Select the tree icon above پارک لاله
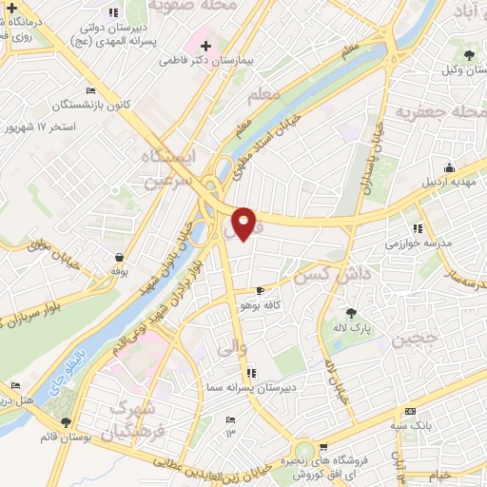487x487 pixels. [x=351, y=312]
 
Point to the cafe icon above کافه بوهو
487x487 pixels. [x=261, y=291]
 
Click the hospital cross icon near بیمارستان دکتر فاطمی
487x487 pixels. [x=205, y=46]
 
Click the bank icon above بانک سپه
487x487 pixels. [x=410, y=411]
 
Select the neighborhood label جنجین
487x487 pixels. [x=418, y=338]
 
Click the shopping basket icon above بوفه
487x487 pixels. [x=119, y=257]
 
